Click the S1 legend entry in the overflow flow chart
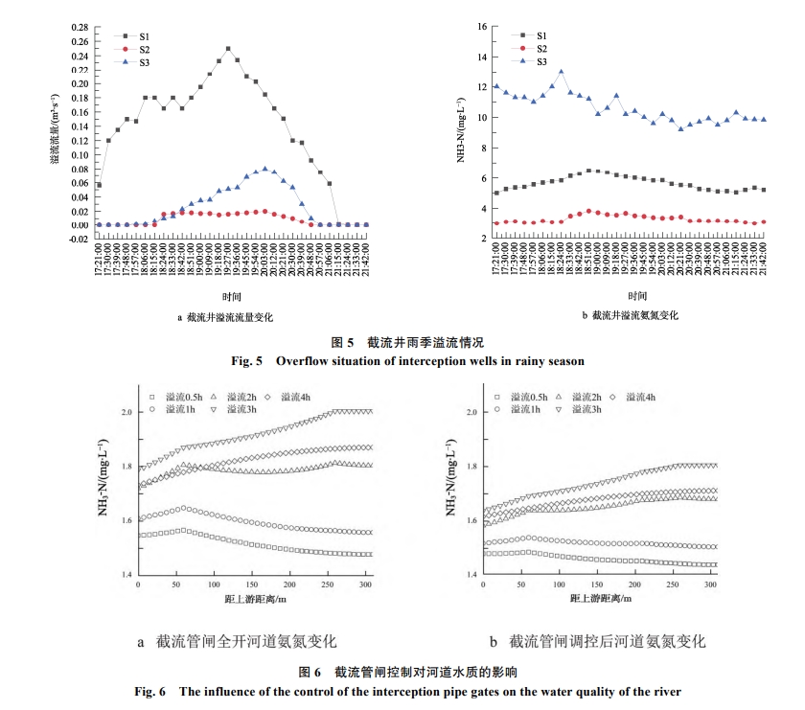click(x=135, y=35)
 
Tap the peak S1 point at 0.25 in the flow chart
click(x=228, y=49)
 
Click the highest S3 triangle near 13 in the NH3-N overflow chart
click(x=561, y=72)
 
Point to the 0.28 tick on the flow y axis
click(x=80, y=27)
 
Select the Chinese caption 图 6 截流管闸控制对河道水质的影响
click(x=402, y=672)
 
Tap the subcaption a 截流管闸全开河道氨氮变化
click(x=237, y=640)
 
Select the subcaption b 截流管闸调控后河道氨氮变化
click(x=596, y=640)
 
